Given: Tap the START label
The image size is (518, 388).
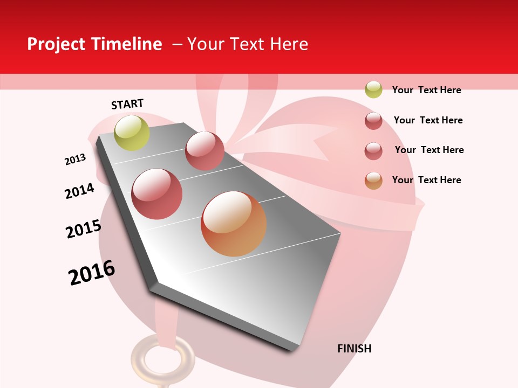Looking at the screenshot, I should (127, 104).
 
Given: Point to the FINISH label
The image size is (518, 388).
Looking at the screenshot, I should (354, 349).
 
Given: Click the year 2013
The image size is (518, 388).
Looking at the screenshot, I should (75, 160).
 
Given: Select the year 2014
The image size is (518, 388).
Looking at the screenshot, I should (79, 191).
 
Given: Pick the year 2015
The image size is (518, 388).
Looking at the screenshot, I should (84, 229).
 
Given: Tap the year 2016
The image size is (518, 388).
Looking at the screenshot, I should (92, 273).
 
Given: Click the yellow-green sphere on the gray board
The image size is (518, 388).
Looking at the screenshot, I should (132, 133).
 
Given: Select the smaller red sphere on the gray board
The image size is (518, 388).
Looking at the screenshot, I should (205, 150).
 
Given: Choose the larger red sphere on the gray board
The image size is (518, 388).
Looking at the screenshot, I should (157, 193).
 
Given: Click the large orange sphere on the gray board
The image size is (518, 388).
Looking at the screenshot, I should (234, 224).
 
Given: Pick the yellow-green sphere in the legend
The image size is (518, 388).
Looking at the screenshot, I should (373, 89).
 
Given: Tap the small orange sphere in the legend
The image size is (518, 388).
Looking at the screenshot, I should (373, 181).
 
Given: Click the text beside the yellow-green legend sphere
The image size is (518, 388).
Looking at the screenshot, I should (426, 90).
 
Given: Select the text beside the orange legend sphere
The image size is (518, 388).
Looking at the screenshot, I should (426, 180).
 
